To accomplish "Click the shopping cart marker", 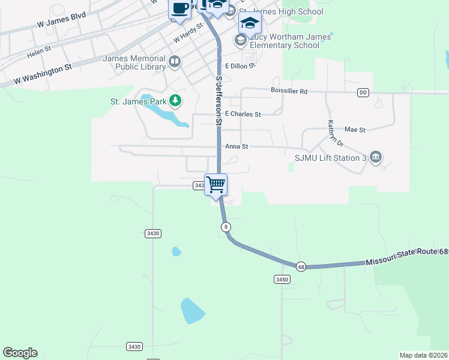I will (x=215, y=184).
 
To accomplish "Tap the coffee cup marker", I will (x=180, y=9).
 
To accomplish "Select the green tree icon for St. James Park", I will (x=175, y=101).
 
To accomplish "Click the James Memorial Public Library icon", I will (x=175, y=61).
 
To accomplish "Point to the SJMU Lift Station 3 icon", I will (x=376, y=157).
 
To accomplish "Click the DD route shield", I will (x=363, y=92).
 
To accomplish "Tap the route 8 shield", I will (x=225, y=226).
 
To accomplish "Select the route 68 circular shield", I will (x=301, y=266).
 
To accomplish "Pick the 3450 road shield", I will (x=282, y=279).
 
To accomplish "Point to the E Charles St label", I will (x=243, y=114).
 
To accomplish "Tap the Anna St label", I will (x=237, y=146).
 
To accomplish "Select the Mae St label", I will (x=355, y=129).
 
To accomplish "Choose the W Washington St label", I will (x=43, y=74).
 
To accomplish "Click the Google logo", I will (x=20, y=353).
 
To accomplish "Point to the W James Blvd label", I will (x=61, y=19).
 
